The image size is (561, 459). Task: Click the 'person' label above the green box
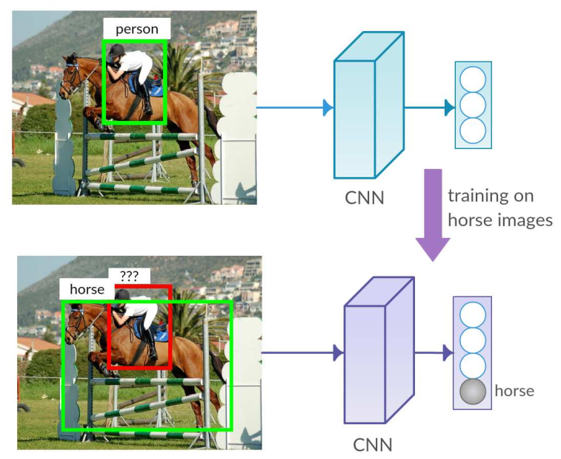136,30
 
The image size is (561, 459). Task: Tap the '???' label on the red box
129,275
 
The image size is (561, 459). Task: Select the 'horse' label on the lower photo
87,289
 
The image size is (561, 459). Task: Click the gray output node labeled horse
473,391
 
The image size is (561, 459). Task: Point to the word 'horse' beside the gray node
514,391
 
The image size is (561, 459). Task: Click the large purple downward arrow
432,215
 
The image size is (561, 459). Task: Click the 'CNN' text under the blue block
365,198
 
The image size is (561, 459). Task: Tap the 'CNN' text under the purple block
374,444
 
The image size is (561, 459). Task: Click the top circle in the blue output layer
473,79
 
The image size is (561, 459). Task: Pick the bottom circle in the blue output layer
473,131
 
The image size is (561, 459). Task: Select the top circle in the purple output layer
473,314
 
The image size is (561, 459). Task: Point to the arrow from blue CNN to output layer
429,108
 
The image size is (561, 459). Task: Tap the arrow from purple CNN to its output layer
434,353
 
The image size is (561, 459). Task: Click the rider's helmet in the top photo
116,52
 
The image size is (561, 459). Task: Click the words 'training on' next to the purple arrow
490,196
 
